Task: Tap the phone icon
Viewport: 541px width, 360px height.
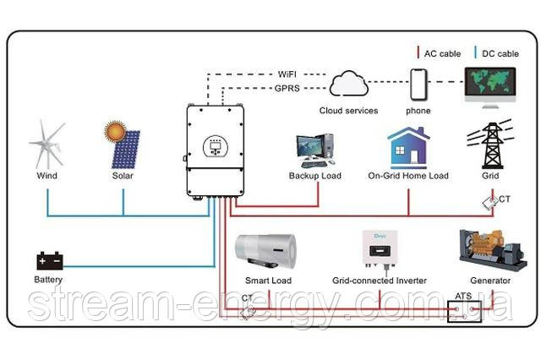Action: point(418,84)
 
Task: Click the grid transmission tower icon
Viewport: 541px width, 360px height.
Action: point(489,145)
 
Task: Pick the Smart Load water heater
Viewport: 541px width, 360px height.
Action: point(268,251)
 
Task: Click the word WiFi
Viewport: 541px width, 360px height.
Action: point(287,74)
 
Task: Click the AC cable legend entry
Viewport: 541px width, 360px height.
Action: point(440,53)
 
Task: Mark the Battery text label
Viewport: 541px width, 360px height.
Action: point(48,279)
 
